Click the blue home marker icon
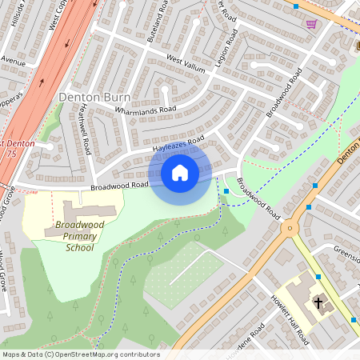tap(180, 172)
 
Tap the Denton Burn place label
tap(93, 97)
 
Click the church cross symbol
tap(319, 302)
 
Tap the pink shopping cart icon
tap(311, 24)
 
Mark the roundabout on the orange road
tap(290, 227)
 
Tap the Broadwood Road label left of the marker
tap(119, 186)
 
